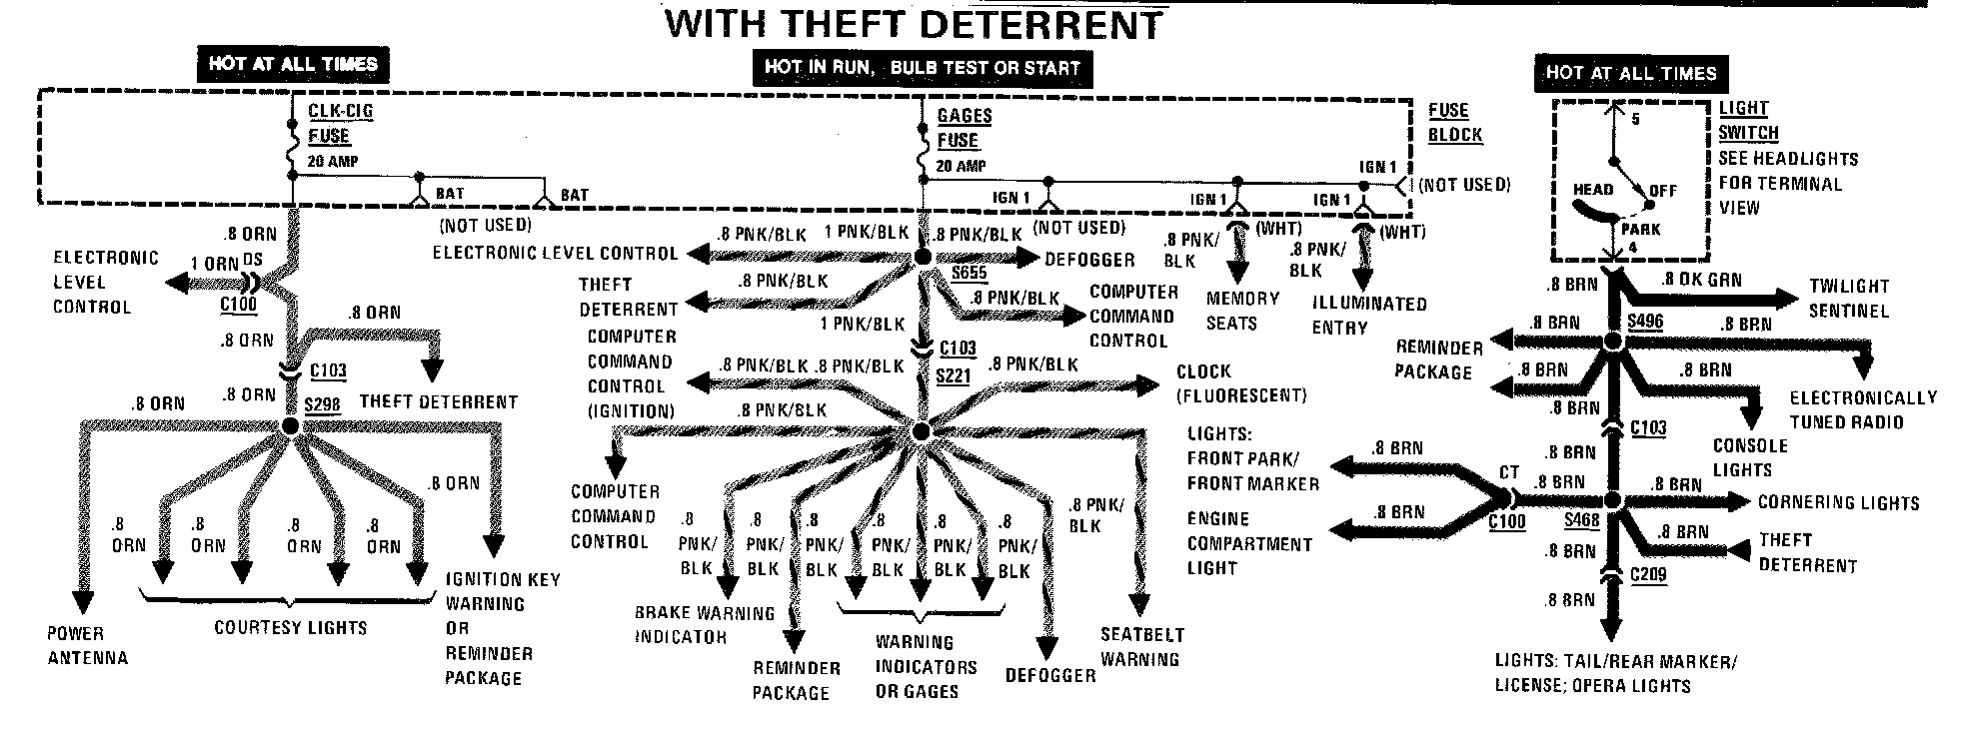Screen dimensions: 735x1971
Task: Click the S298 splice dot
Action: click(x=290, y=426)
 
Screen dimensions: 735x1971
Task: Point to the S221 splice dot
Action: click(x=922, y=431)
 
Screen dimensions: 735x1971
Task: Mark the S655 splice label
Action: click(x=969, y=274)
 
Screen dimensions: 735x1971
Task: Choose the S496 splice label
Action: click(x=1644, y=321)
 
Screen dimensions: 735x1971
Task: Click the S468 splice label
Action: click(x=1581, y=521)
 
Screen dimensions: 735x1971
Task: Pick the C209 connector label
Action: click(x=1648, y=575)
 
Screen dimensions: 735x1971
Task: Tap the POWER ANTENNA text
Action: click(x=88, y=645)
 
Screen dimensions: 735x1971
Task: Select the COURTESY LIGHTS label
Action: click(x=290, y=628)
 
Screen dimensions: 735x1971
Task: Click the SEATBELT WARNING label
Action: click(x=1141, y=646)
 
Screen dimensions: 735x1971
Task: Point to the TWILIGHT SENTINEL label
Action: click(x=1848, y=298)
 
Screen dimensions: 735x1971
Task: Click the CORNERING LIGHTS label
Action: click(x=1838, y=503)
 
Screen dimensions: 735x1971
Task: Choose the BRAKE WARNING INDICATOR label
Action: click(x=704, y=624)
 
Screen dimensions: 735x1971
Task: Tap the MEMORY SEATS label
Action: click(x=1242, y=311)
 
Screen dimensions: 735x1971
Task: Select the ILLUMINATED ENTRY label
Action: click(x=1368, y=315)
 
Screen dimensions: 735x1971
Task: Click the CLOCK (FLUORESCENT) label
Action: click(x=1240, y=382)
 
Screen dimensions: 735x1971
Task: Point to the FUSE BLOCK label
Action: click(x=1454, y=122)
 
